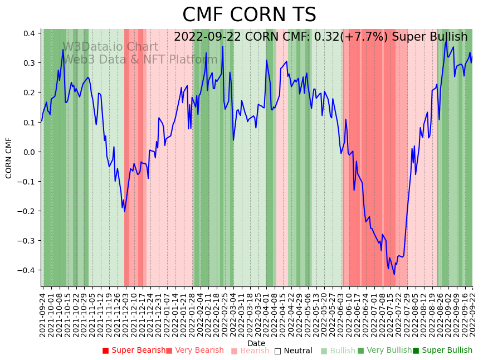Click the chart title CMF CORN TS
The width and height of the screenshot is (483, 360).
click(x=249, y=15)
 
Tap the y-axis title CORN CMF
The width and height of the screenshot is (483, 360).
click(x=9, y=158)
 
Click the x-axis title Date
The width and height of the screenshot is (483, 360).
click(x=256, y=343)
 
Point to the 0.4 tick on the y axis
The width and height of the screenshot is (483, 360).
click(x=30, y=33)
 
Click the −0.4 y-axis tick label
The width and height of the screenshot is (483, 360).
click(x=27, y=270)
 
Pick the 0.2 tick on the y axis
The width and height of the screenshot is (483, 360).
click(x=30, y=93)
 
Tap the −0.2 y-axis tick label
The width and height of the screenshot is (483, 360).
click(x=27, y=211)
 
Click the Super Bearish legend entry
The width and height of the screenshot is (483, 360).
click(x=134, y=351)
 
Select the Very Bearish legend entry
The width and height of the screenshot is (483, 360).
click(x=194, y=351)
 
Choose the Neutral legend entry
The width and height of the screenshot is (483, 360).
click(x=293, y=351)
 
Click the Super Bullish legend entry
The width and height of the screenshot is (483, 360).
click(x=442, y=351)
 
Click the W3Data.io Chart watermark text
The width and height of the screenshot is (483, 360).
click(x=110, y=47)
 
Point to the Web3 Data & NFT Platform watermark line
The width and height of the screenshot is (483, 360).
click(x=140, y=60)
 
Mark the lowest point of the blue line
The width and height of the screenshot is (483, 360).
click(x=394, y=274)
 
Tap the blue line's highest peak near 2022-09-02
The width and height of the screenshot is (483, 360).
click(x=446, y=40)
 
